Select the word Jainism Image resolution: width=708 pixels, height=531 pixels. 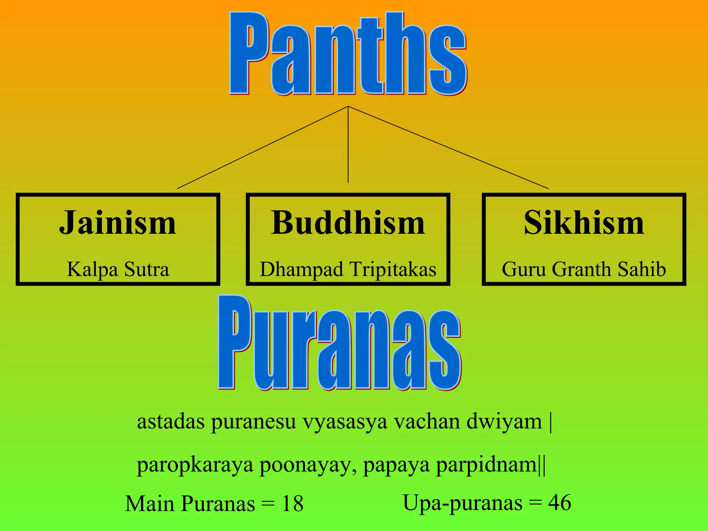(118, 223)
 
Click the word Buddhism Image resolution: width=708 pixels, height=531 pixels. (348, 223)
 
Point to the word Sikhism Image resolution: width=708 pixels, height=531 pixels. (584, 223)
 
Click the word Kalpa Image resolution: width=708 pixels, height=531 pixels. (92, 270)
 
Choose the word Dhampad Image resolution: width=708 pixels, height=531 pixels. (301, 270)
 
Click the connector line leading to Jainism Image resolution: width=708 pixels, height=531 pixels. (263, 147)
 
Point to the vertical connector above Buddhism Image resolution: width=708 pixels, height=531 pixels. (348, 145)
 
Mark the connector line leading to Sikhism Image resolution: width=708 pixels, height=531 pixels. (448, 147)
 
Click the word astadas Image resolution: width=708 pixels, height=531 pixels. (171, 422)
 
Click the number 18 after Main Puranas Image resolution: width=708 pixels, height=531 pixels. (292, 504)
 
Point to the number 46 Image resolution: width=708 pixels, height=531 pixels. (559, 503)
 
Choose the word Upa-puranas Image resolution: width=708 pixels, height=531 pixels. (463, 503)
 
